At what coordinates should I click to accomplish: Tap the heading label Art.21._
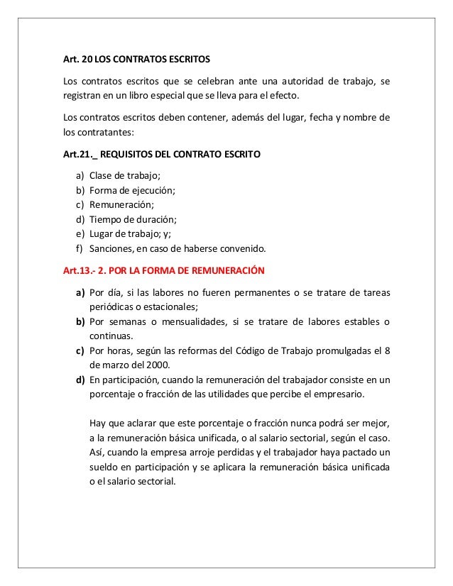point(80,153)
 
